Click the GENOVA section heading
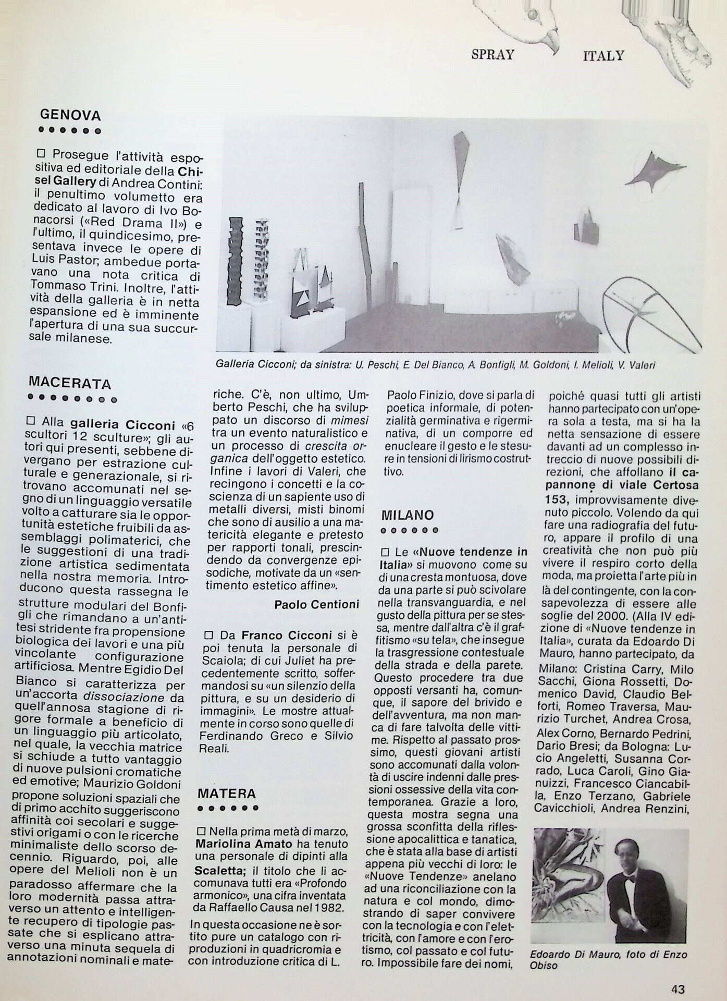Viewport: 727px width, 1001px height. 70,115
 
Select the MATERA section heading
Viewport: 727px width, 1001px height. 227,794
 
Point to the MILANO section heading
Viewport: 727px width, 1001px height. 408,516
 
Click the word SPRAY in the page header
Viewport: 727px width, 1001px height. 492,54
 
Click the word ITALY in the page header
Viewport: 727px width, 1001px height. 603,55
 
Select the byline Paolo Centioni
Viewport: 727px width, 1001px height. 316,604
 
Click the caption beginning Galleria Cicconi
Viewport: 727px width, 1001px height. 435,365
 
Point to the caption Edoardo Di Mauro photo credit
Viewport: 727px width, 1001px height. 608,960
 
